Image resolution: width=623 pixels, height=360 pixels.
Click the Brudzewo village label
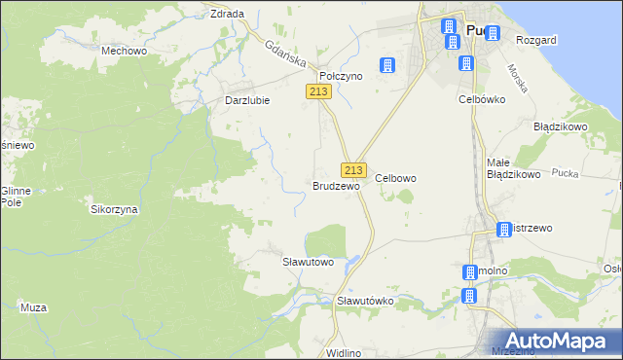pos(336,185)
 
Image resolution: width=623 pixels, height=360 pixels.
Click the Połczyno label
pos(341,75)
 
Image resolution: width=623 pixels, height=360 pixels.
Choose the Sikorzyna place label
pos(114,209)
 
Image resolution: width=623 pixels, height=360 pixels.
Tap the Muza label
pos(33,307)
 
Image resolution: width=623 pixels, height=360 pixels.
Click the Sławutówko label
pos(364,301)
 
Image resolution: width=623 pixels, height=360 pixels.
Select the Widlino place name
pos(345,351)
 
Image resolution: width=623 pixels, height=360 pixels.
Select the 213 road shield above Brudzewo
pos(353,169)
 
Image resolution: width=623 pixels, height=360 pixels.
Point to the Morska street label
pos(517,78)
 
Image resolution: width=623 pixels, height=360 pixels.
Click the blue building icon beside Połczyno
pos(388,65)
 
